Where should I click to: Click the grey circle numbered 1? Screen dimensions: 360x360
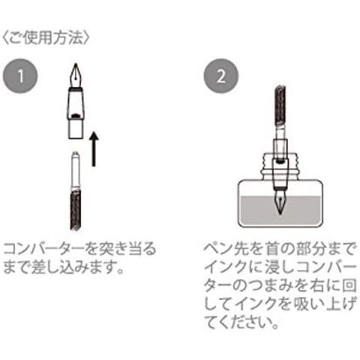[20, 76]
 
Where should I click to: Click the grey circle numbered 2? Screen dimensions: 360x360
[221, 76]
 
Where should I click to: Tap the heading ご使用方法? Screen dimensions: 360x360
[46, 38]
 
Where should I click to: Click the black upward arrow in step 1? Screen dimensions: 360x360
[94, 148]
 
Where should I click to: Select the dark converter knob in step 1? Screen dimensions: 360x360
[75, 210]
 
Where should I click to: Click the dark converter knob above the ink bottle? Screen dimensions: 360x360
[280, 105]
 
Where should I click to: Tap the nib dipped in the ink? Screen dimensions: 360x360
[280, 202]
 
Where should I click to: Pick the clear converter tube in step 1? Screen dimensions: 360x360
[75, 170]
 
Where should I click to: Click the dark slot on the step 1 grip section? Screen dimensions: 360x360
[76, 116]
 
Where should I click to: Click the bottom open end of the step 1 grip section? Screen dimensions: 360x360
[75, 137]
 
